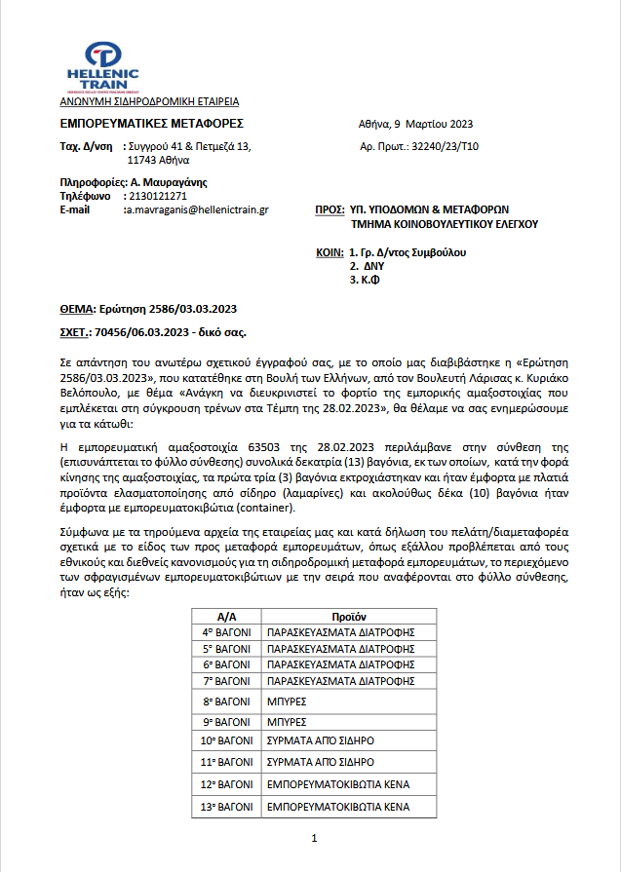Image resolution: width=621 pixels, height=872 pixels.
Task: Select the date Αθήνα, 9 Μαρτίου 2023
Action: click(416, 125)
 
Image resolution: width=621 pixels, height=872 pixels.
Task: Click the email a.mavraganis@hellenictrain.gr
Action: click(197, 209)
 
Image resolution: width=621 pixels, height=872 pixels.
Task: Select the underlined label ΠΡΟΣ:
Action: click(330, 209)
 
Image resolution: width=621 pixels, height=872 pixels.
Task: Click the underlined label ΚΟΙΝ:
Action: click(330, 252)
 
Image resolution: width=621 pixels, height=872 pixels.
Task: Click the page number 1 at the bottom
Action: click(314, 838)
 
